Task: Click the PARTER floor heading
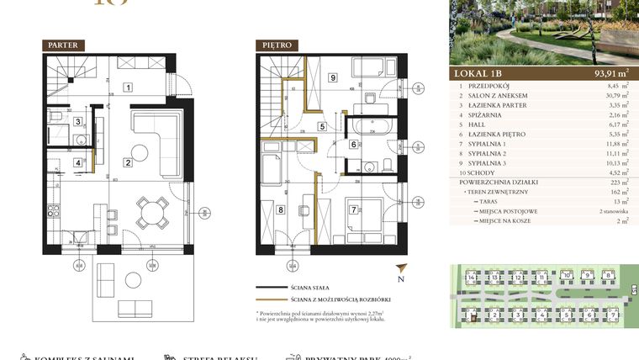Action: coord(63,45)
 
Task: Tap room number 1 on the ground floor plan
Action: coord(128,86)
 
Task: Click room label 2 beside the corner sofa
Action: coord(127,162)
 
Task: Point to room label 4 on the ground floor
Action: coord(77,163)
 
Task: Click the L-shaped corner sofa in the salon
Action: coord(156,135)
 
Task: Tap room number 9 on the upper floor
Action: coord(333,78)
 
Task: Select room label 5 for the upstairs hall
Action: coord(322,128)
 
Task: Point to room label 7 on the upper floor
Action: coord(354,210)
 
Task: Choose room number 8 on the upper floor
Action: coord(281,211)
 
